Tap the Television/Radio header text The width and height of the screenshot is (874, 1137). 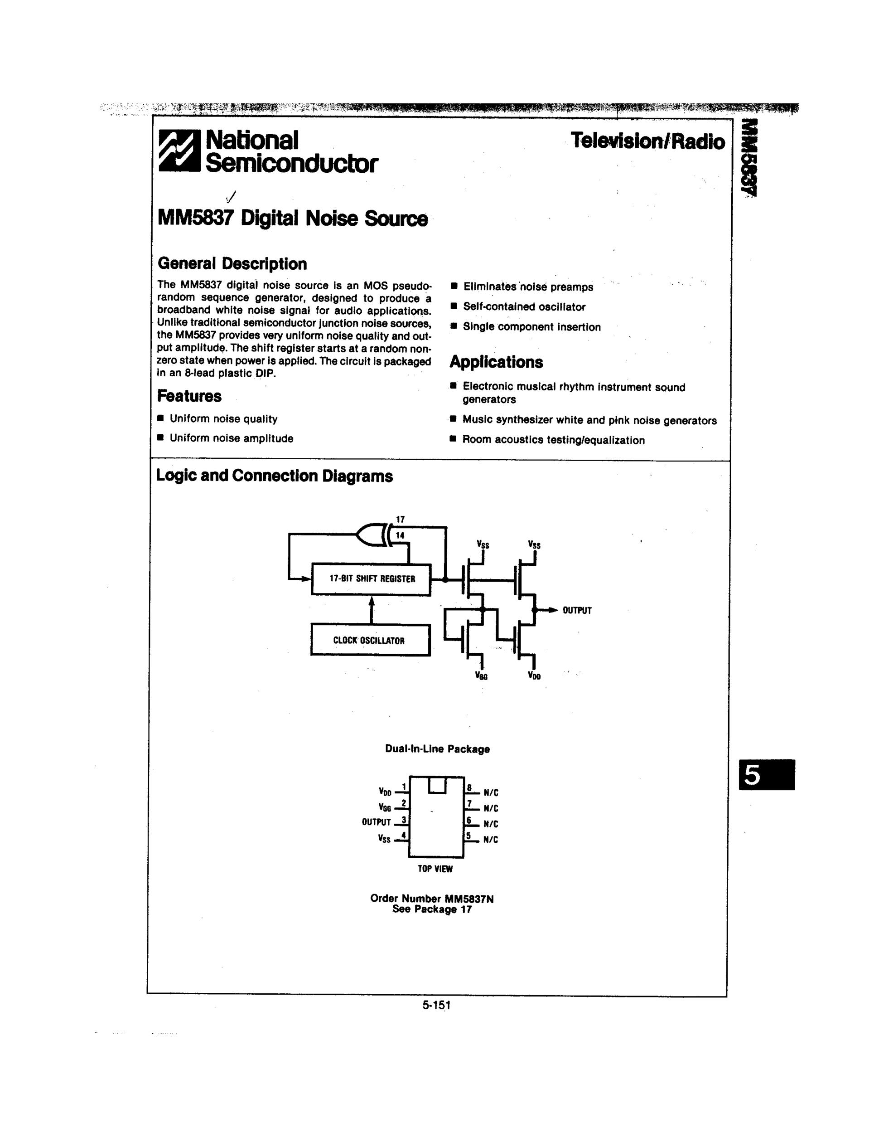647,141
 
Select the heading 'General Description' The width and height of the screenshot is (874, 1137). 232,264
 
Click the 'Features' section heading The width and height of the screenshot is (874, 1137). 189,396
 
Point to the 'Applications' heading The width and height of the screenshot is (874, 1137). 496,362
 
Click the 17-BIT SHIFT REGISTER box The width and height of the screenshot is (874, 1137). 372,579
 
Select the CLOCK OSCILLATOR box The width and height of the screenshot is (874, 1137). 370,640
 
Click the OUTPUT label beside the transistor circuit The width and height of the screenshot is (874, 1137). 577,610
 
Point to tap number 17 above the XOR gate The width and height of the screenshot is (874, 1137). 400,520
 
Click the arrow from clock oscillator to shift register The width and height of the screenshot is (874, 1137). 372,609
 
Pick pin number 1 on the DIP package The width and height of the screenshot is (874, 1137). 404,787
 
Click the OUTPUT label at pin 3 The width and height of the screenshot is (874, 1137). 376,822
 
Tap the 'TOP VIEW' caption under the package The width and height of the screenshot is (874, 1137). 435,869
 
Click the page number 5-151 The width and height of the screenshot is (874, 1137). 436,1005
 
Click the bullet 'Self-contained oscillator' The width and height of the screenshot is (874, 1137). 524,307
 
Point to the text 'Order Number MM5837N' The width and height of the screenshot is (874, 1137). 431,899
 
